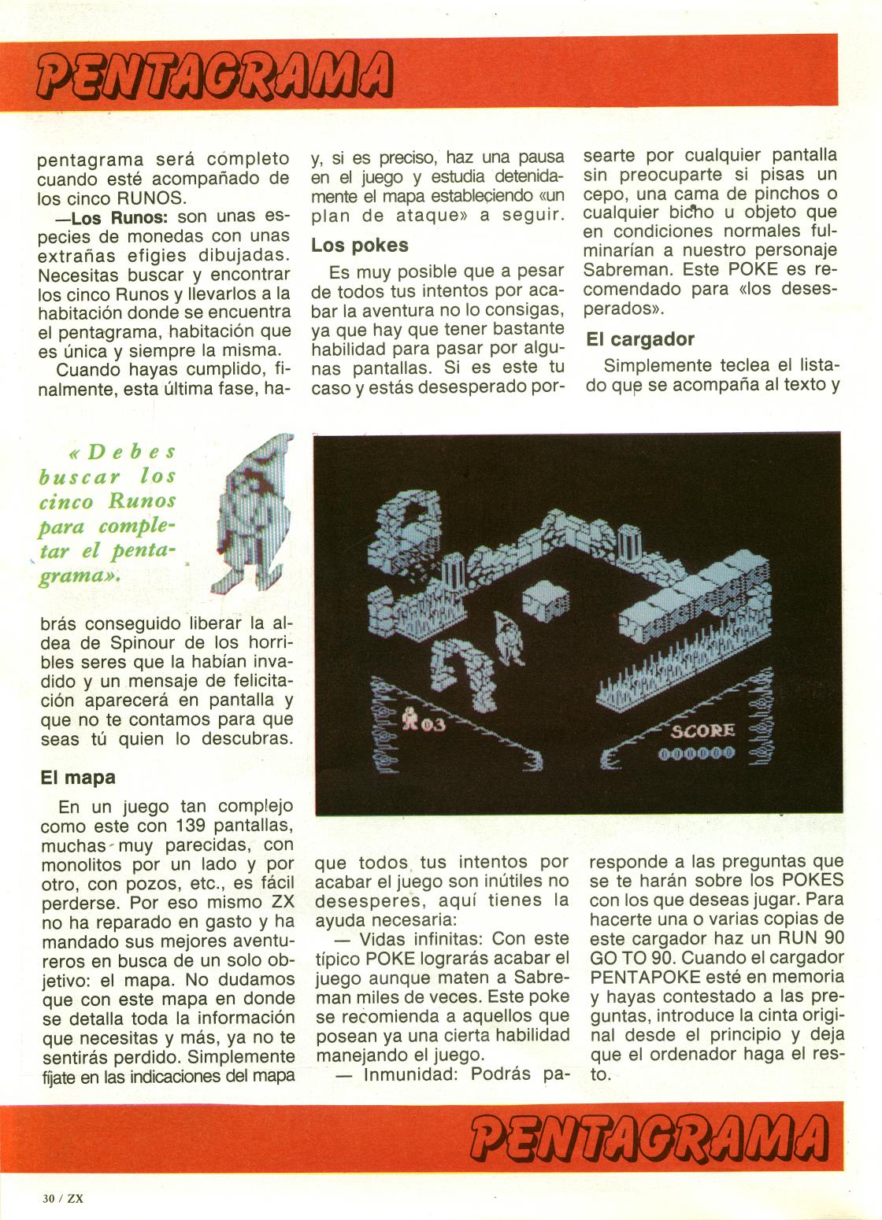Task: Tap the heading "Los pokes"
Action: coord(359,246)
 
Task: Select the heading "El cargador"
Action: coord(639,340)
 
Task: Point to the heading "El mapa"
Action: coord(78,778)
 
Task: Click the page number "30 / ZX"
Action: coord(63,1199)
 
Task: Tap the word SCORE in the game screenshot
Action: coord(702,731)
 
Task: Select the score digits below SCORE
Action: coord(696,753)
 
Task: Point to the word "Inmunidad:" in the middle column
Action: coord(409,1074)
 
